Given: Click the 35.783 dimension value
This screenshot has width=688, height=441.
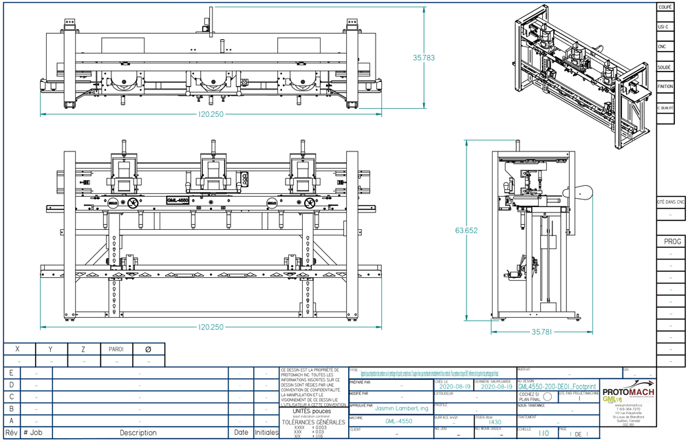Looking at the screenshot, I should [x=424, y=58].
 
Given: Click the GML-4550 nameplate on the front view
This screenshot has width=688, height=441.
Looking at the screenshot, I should [x=178, y=200].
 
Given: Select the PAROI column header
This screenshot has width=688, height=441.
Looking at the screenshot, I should [x=116, y=349].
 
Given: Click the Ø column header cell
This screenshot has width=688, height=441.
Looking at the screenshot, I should [x=148, y=349].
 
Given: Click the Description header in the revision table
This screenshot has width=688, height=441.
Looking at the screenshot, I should [x=138, y=433].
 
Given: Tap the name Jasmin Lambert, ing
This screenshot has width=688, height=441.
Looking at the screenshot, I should [x=402, y=408].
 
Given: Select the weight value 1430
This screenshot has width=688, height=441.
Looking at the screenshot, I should [x=495, y=422].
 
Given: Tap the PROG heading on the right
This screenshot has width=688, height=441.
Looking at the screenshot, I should [x=672, y=242].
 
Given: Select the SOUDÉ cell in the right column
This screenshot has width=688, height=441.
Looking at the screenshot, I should [x=665, y=67].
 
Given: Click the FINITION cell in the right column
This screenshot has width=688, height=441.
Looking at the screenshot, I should [x=665, y=87].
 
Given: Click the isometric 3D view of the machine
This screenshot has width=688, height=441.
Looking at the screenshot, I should [x=583, y=76].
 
